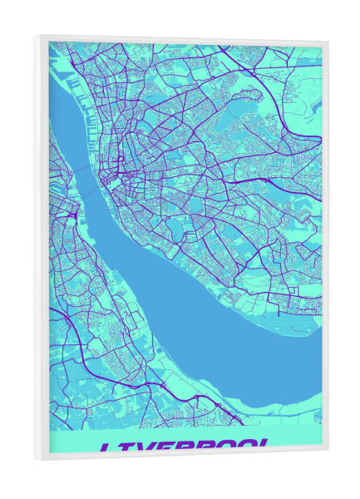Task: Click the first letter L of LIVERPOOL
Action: click(107, 448)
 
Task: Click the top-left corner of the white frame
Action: click(37, 34)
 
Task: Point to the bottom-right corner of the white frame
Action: click(328, 450)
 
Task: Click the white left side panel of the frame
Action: click(42, 249)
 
